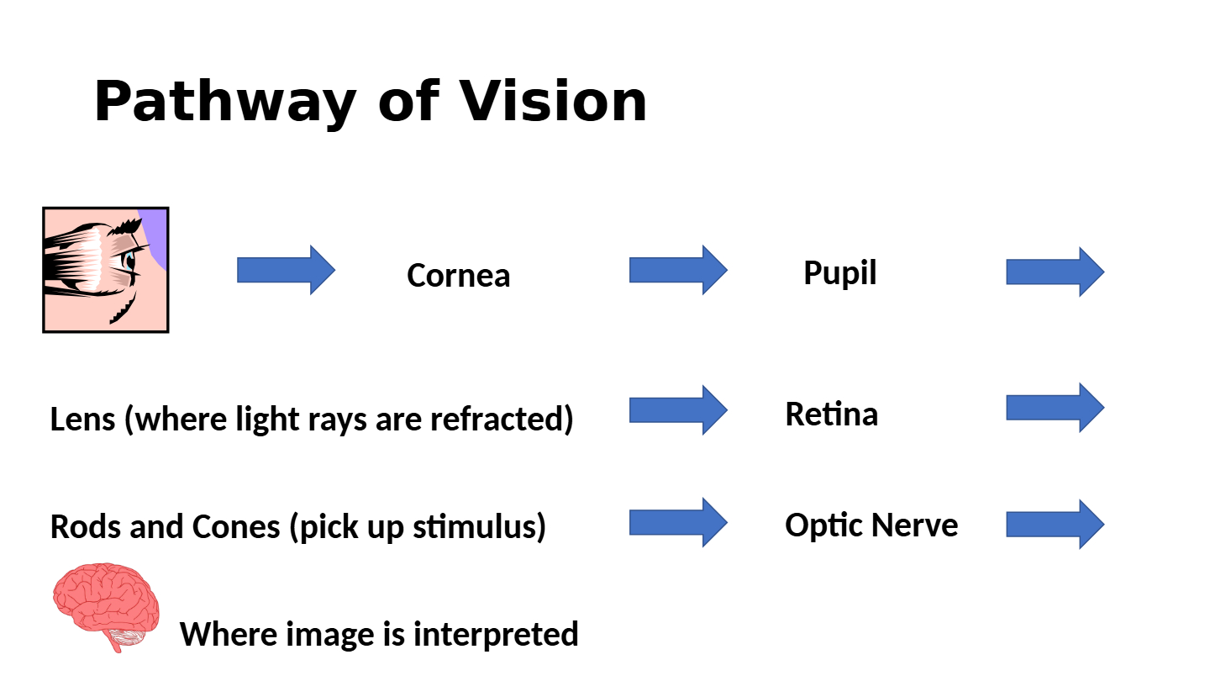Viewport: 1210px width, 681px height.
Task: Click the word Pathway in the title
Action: tap(225, 103)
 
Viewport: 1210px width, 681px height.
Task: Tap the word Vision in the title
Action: tap(553, 101)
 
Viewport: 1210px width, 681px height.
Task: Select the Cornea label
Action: tap(459, 275)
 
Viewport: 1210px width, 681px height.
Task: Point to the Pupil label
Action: tap(840, 272)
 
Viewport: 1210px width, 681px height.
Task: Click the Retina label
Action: tap(832, 414)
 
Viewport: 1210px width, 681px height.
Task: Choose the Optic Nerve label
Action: tap(872, 525)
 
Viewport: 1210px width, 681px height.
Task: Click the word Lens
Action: tap(82, 419)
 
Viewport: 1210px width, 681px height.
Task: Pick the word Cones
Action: tap(236, 526)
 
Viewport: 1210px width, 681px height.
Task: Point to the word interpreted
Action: tap(496, 635)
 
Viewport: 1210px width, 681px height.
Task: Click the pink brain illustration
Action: tap(106, 605)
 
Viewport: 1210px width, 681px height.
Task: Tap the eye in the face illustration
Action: tap(129, 261)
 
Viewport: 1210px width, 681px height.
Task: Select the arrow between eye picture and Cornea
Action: tap(287, 270)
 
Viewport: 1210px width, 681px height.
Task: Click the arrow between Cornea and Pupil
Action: tap(678, 270)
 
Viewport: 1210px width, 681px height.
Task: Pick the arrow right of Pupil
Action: tap(1055, 272)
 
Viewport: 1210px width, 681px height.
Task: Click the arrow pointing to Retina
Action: tap(678, 410)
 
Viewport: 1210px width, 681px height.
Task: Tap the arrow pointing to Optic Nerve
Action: tap(678, 523)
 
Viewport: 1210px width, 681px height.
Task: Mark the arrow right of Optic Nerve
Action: tap(1055, 525)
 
